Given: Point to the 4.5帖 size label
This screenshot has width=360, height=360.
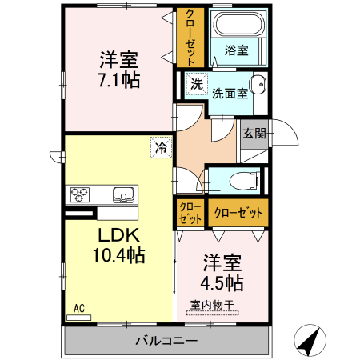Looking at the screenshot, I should pyautogui.click(x=222, y=282).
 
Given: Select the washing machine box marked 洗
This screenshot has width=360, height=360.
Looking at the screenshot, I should pyautogui.click(x=195, y=82).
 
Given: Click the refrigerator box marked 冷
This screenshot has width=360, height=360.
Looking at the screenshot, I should pyautogui.click(x=161, y=147).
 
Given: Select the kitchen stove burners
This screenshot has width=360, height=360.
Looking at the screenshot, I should pyautogui.click(x=82, y=194).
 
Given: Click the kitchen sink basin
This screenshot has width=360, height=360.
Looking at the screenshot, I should pyautogui.click(x=124, y=194).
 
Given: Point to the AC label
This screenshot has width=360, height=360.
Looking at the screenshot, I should pyautogui.click(x=79, y=307).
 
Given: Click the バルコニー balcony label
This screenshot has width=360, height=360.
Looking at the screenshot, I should pyautogui.click(x=166, y=340).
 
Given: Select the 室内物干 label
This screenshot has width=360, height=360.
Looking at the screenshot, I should pyautogui.click(x=211, y=304).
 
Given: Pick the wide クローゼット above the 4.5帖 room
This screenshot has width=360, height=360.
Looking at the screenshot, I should pyautogui.click(x=238, y=213).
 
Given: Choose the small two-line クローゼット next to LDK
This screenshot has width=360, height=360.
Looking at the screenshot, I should pyautogui.click(x=190, y=213).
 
